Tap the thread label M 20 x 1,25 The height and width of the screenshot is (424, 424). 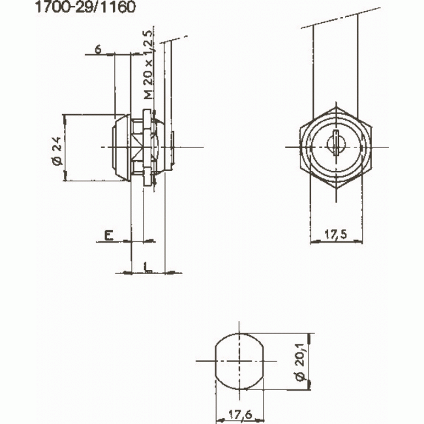[x=148, y=65]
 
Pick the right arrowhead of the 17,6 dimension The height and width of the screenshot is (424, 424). [x=264, y=417]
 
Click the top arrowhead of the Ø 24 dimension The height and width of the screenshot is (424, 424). [x=66, y=117]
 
